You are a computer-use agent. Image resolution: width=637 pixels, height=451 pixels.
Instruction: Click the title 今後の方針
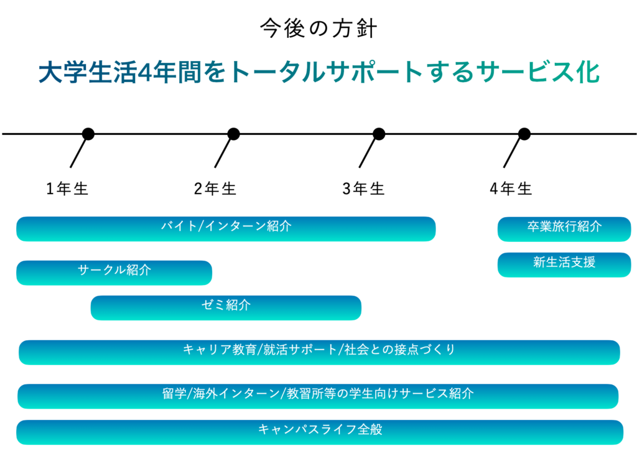point(318,28)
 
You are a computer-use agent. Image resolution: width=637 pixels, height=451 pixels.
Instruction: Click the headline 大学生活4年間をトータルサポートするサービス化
point(319,72)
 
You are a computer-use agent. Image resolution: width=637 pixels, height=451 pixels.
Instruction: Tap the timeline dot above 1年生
point(88,134)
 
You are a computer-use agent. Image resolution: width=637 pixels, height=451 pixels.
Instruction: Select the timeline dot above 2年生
point(233,134)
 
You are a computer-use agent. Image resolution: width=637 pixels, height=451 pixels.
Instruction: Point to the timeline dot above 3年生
point(379,134)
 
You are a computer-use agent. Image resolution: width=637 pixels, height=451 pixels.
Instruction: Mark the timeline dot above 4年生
point(524,134)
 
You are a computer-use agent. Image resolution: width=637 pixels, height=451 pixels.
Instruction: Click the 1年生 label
point(67,189)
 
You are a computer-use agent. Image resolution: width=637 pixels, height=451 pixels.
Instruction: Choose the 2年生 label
point(215,189)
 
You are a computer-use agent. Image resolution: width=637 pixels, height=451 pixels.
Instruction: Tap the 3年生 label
point(363,189)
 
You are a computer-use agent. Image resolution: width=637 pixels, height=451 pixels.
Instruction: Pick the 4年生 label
point(511,189)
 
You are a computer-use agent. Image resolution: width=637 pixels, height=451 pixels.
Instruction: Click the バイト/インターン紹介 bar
point(226,229)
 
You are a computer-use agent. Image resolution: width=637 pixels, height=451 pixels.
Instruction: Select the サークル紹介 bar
point(114,272)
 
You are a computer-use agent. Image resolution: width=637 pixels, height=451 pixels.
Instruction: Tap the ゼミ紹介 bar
point(226,307)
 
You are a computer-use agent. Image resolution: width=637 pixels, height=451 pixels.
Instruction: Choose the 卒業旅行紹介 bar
point(564,229)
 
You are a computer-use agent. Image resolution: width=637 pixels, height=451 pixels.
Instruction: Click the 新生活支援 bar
point(564,265)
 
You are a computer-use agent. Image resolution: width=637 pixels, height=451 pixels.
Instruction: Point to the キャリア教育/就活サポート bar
point(319,352)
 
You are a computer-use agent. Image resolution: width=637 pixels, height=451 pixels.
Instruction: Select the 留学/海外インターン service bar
point(318,396)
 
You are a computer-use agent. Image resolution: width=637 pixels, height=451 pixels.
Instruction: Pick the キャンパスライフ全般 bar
point(320,432)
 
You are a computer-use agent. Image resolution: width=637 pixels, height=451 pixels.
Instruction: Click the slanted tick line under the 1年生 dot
point(78,152)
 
